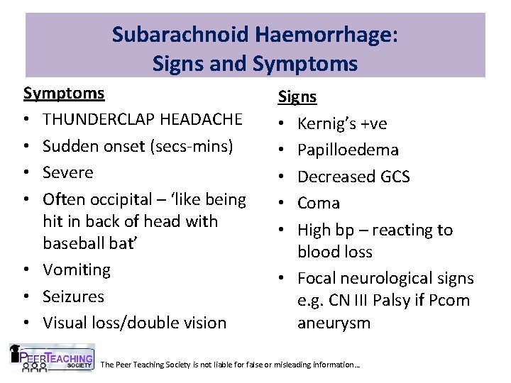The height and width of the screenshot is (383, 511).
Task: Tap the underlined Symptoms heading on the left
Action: [x=64, y=94]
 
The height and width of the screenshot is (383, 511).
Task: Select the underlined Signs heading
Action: [x=297, y=97]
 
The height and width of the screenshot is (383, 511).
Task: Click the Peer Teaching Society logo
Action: [x=51, y=358]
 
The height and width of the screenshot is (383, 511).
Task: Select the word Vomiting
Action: [x=77, y=270]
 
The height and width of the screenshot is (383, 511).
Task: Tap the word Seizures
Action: [x=73, y=296]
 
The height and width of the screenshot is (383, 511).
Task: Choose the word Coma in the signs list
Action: [x=319, y=204]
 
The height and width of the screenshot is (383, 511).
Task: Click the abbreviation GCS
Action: [x=394, y=177]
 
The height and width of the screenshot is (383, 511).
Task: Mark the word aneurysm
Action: [x=334, y=323]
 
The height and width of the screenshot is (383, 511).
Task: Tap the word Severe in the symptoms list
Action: [x=67, y=172]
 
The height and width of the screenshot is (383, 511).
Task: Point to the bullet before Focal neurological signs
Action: [x=282, y=278]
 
